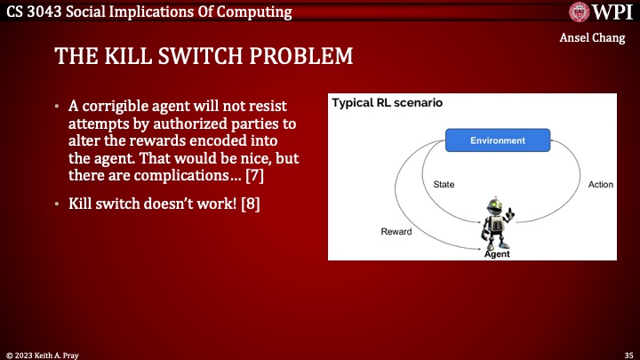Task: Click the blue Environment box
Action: click(498, 140)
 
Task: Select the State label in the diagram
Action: click(444, 185)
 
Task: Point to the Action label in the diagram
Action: click(601, 185)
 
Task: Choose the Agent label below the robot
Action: click(497, 254)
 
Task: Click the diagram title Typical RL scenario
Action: click(388, 103)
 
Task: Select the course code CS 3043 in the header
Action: click(30, 12)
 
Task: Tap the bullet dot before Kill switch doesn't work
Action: click(58, 204)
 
